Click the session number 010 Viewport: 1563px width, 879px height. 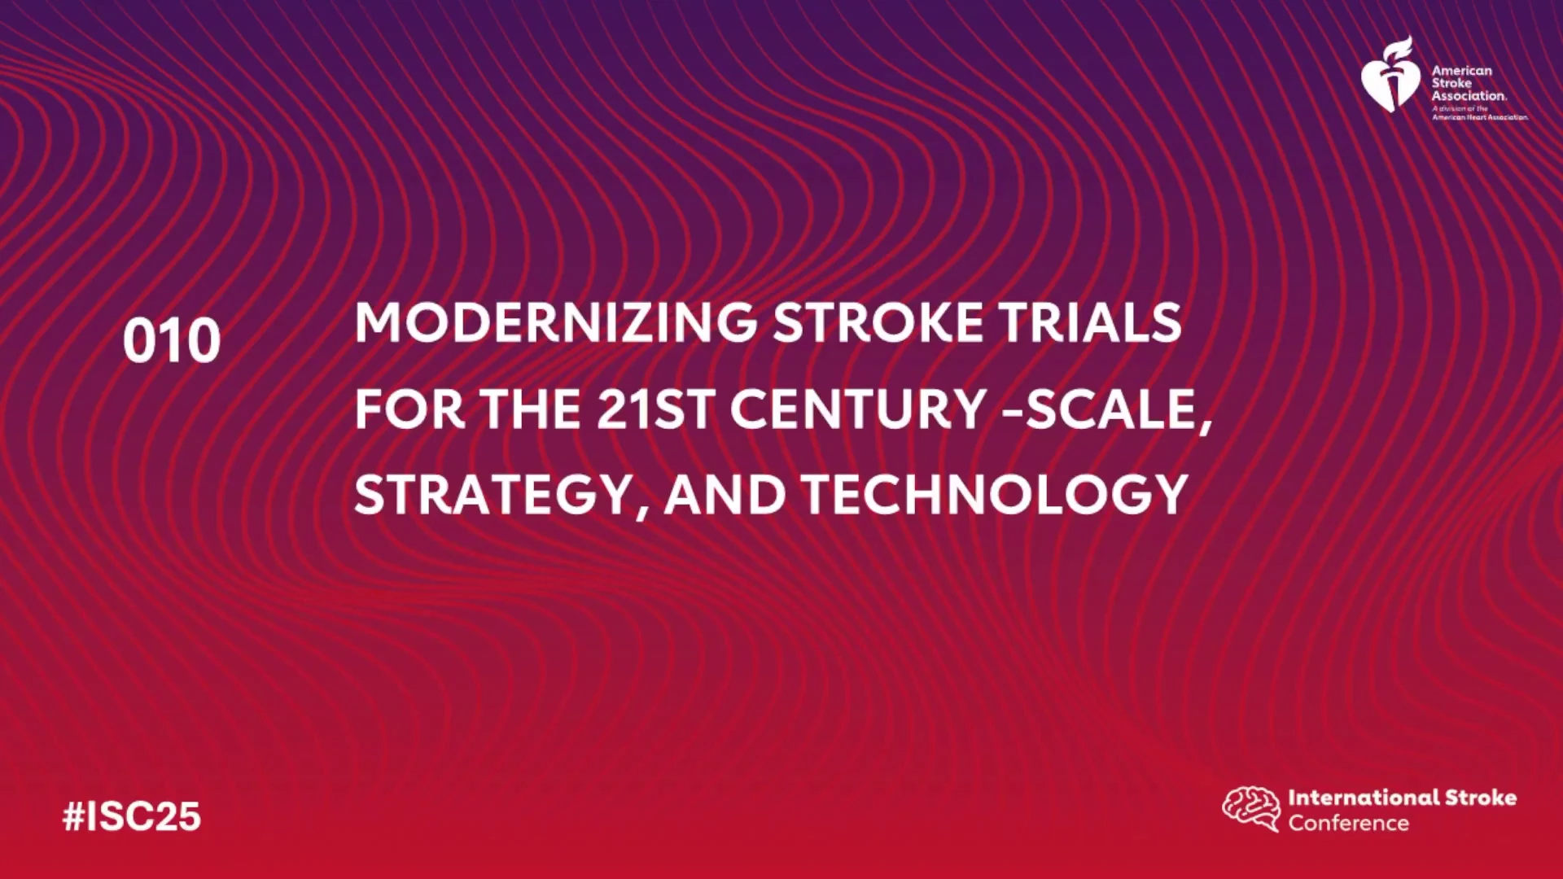pyautogui.click(x=172, y=340)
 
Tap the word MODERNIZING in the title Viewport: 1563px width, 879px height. pyautogui.click(x=556, y=322)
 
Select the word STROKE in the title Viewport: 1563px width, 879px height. pyautogui.click(x=878, y=322)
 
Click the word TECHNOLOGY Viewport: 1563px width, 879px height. pyautogui.click(x=995, y=495)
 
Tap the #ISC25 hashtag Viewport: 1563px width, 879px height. pyautogui.click(x=132, y=816)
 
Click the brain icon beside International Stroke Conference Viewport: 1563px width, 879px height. pyautogui.click(x=1251, y=808)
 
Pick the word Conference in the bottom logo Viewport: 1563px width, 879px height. pyautogui.click(x=1348, y=823)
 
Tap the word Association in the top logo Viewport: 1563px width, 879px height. pyautogui.click(x=1469, y=95)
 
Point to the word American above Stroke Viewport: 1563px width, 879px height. pyautogui.click(x=1462, y=71)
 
